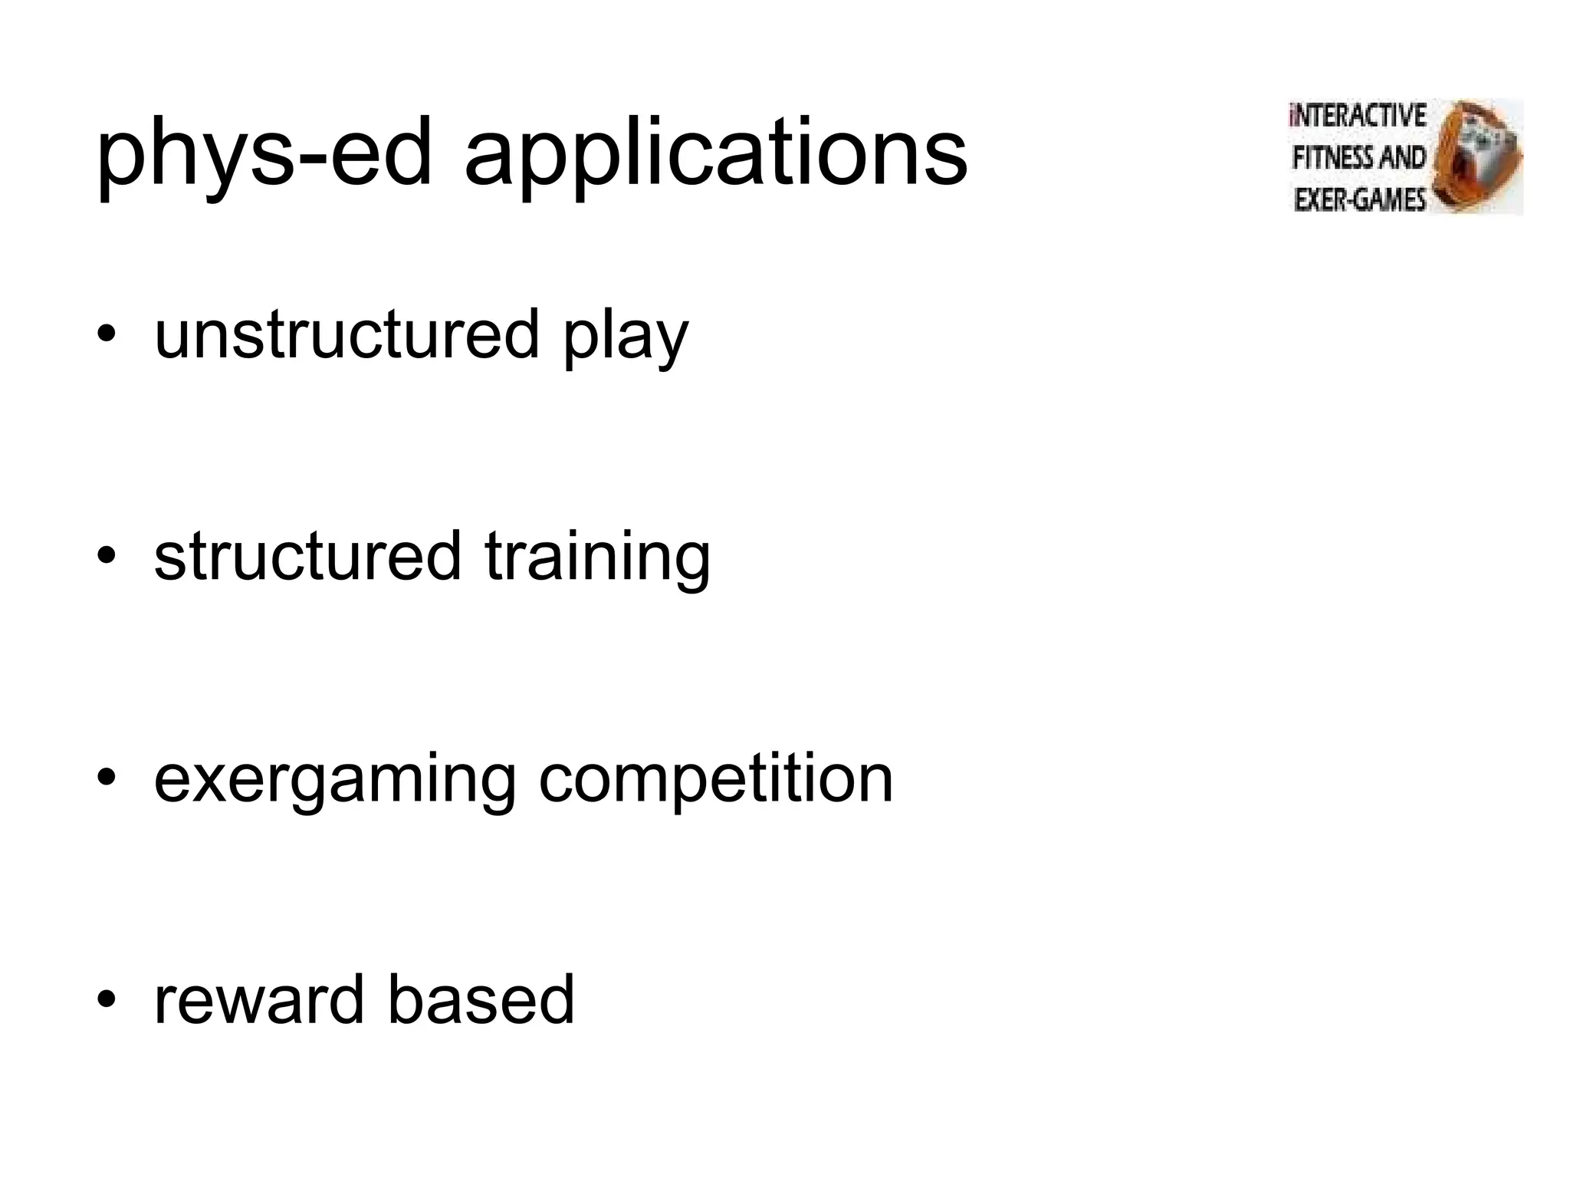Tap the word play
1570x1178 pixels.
point(626,337)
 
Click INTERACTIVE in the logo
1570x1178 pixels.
point(1358,116)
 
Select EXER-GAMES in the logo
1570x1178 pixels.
point(1358,199)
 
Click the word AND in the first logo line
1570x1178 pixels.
point(1402,158)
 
